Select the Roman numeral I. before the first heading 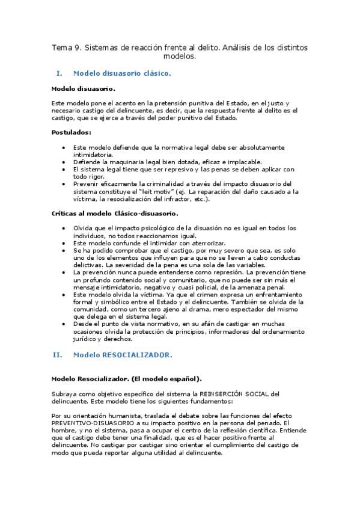pyautogui.click(x=59, y=73)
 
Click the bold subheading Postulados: pyautogui.click(x=72, y=132)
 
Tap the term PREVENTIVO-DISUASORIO pyautogui.click(x=90, y=423)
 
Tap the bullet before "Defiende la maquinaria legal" pyautogui.click(x=64, y=162)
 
